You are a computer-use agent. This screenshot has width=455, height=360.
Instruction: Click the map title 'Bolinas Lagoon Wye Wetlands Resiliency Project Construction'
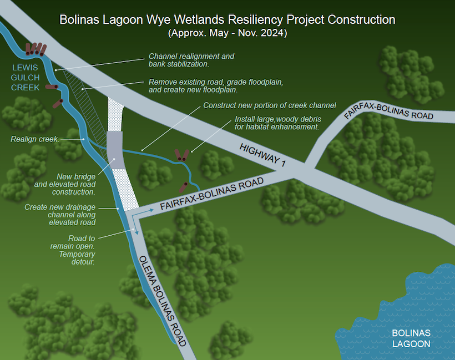[x=228, y=20]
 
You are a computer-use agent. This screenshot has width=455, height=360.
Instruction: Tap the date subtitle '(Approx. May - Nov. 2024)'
[x=228, y=33]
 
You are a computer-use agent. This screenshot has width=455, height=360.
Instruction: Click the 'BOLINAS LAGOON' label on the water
[x=411, y=338]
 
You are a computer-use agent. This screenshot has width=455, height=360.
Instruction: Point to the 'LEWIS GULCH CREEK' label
[x=26, y=77]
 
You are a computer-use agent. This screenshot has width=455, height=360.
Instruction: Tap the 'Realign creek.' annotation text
[x=35, y=139]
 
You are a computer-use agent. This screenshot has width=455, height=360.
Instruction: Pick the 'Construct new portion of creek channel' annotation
[x=270, y=105]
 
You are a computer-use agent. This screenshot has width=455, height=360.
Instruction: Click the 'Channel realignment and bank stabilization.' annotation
[x=191, y=60]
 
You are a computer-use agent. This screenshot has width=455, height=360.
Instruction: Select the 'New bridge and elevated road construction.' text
[x=65, y=184]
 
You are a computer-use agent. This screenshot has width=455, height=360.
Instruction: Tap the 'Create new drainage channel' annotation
[x=60, y=215]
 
